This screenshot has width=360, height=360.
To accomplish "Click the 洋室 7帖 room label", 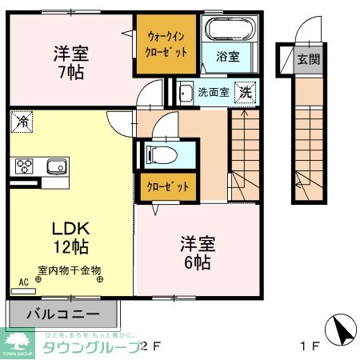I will pos(70,61).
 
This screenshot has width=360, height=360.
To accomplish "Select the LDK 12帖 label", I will pos(70,233).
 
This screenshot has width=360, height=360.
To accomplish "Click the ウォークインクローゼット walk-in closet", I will pos(167,42).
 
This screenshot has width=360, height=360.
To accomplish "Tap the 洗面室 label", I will pos(214,91).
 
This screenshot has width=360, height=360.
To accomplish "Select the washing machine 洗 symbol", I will pos(246,91).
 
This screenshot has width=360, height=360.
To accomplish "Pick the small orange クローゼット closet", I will pos(167,187).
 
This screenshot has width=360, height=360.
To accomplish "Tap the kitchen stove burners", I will pos(23,166).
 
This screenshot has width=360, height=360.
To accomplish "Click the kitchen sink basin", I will pos(55,166).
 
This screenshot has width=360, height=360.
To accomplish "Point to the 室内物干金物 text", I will pos(69,270).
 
